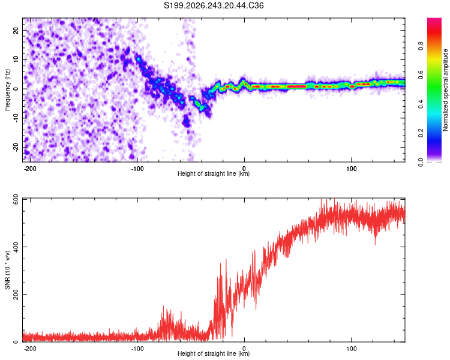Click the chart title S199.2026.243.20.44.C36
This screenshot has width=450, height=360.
(x=214, y=5)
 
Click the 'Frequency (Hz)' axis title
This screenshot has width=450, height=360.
(x=7, y=90)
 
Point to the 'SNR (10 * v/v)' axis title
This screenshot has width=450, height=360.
(x=7, y=270)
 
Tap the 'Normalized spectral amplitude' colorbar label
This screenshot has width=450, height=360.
(x=445, y=90)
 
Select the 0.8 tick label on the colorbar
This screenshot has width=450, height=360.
(x=421, y=46)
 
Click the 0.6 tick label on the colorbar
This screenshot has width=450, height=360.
(x=421, y=75)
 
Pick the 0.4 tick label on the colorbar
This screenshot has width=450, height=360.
(x=421, y=104)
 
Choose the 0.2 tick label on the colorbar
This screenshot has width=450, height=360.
(x=421, y=133)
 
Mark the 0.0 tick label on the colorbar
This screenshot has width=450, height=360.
(x=421, y=162)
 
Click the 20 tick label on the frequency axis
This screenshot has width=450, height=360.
(x=16, y=30)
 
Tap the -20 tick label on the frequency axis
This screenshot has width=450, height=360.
(x=16, y=147)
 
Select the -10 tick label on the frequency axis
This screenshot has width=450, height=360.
(x=16, y=118)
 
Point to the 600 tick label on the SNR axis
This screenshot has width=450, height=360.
(x=16, y=201)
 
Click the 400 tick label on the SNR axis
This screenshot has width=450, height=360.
(x=16, y=247)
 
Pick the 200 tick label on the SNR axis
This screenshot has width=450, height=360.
(x=16, y=294)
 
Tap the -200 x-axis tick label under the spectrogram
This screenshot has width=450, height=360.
(x=29, y=169)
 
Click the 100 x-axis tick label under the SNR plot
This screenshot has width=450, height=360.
(x=351, y=349)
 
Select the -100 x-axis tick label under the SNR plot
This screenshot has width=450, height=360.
(x=137, y=349)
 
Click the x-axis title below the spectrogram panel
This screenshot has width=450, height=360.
(x=214, y=173)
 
